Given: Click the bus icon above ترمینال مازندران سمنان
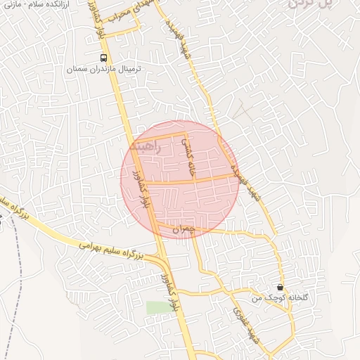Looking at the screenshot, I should tap(104, 58).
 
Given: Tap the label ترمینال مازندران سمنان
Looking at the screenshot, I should tap(104, 70).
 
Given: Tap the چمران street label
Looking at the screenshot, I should tap(182, 229).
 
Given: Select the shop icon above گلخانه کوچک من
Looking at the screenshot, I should tap(281, 287).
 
